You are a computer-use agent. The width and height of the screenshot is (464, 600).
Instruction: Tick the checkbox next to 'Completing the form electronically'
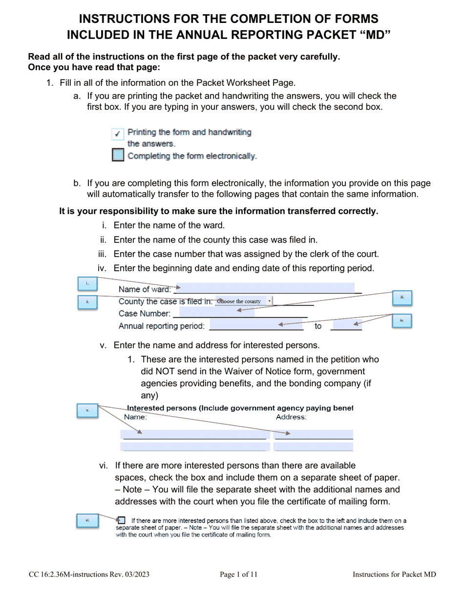pyautogui.click(x=118, y=156)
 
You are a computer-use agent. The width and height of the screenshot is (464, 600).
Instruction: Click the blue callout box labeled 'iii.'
pyautogui.click(x=402, y=297)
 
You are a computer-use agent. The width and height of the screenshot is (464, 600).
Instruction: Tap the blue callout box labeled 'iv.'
pyautogui.click(x=402, y=320)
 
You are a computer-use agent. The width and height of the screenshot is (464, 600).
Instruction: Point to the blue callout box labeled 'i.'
pyautogui.click(x=87, y=283)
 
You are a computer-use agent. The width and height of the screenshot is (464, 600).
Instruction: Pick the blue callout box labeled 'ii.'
pyautogui.click(x=87, y=302)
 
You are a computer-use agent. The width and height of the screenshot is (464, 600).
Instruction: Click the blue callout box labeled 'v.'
pyautogui.click(x=87, y=411)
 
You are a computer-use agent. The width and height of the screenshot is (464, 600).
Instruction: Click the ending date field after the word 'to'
pyautogui.click(x=346, y=325)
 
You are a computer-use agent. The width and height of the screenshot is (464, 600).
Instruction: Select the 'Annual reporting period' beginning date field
pyautogui.click(x=253, y=325)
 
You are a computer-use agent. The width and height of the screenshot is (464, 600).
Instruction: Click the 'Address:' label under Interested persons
pyautogui.click(x=291, y=417)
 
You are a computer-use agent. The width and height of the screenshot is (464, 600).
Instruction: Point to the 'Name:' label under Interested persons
pyautogui.click(x=135, y=417)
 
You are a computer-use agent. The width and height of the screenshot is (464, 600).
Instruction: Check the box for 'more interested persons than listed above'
pyautogui.click(x=122, y=520)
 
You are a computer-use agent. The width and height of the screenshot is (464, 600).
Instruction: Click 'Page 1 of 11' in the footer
pyautogui.click(x=238, y=575)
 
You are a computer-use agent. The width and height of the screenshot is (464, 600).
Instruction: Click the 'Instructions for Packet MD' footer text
pyautogui.click(x=394, y=575)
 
